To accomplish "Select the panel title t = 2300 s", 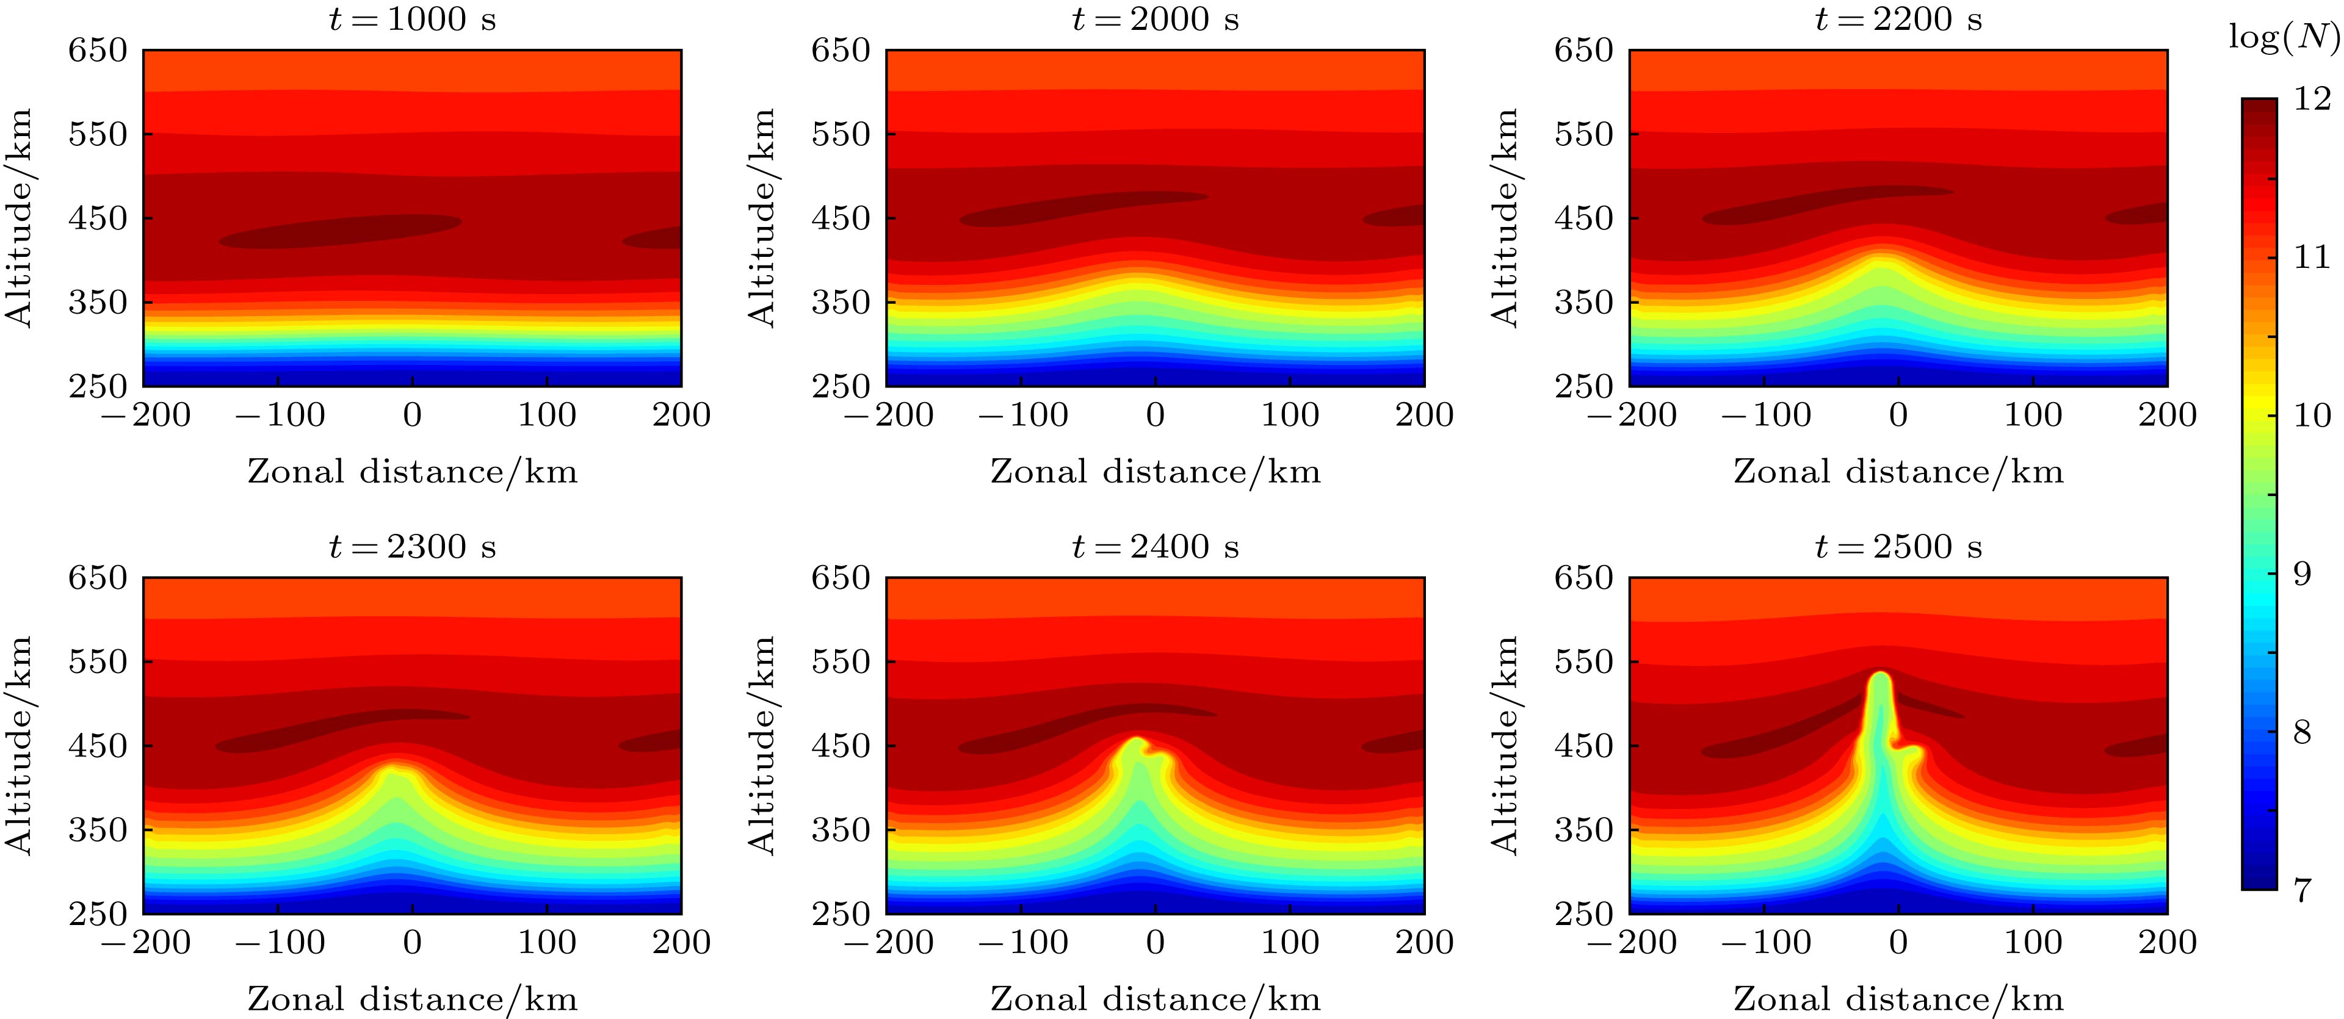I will click(x=412, y=547).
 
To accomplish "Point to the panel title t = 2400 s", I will click(x=1155, y=547).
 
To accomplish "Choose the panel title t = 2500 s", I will click(x=1898, y=547).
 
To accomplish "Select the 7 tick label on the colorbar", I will click(x=2300, y=890).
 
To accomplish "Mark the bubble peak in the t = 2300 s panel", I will click(x=393, y=769).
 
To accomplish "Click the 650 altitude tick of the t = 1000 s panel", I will click(x=98, y=51).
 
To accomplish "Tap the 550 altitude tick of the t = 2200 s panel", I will click(x=1583, y=135).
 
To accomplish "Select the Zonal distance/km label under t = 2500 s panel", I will click(x=1898, y=999).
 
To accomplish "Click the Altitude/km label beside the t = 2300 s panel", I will click(x=20, y=745).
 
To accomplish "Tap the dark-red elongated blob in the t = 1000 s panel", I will click(x=341, y=231).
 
